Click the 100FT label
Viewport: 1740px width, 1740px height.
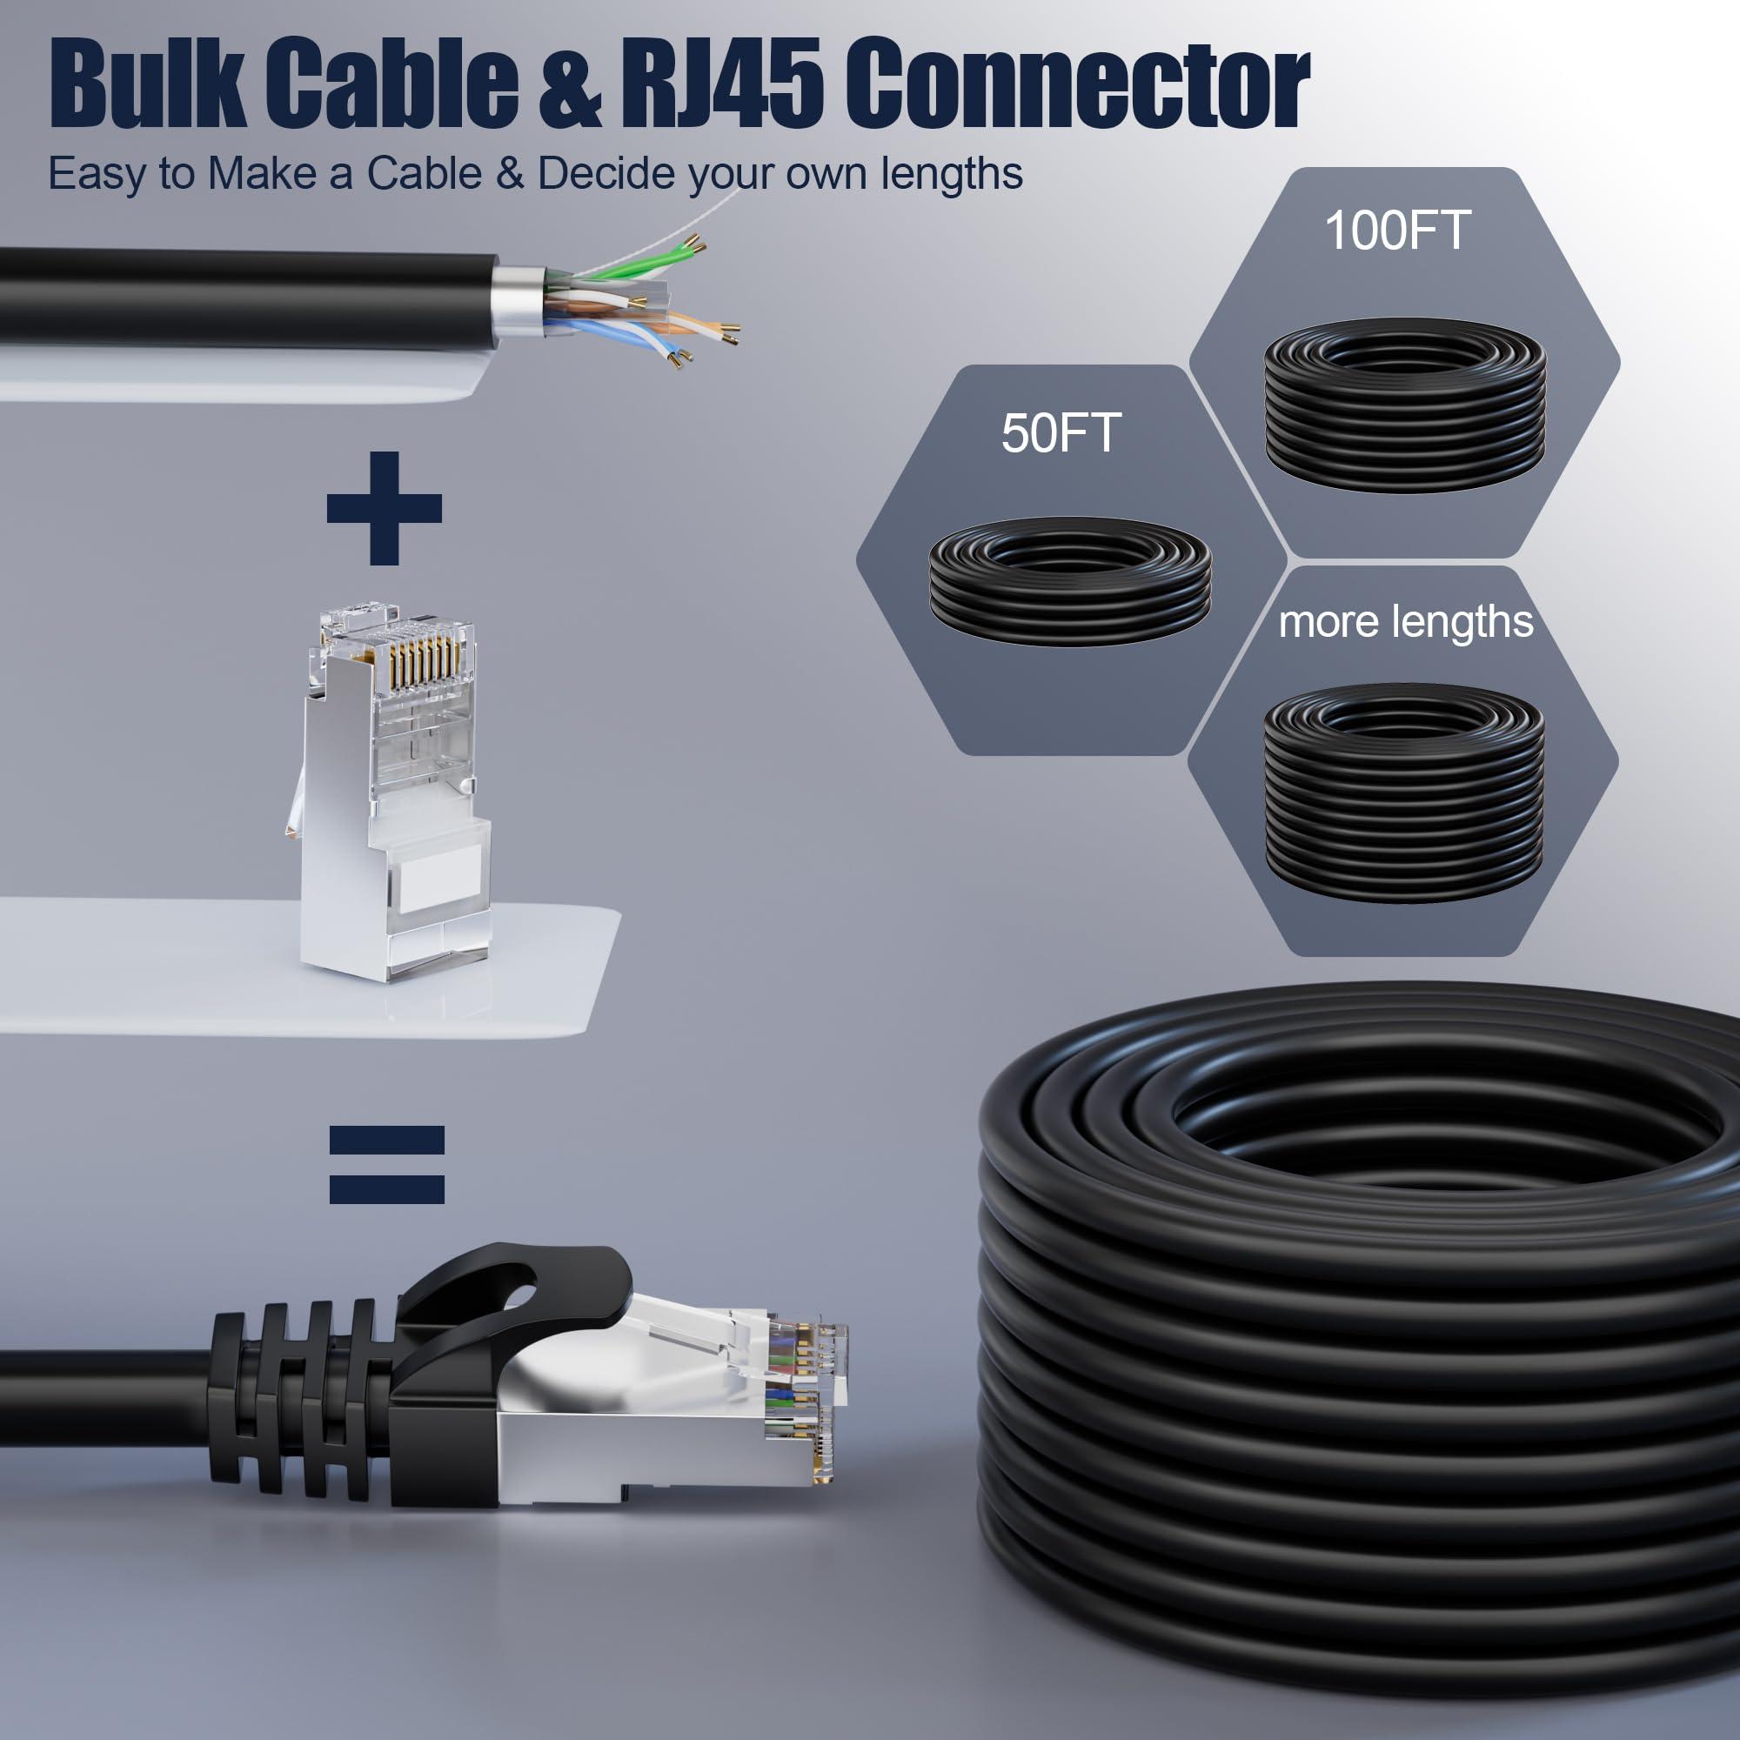point(1397,231)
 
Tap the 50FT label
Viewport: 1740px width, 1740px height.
point(1061,433)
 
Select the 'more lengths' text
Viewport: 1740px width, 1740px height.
point(1405,622)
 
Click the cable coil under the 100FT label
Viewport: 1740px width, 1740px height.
point(1404,405)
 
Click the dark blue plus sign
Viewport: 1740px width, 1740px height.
point(385,508)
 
